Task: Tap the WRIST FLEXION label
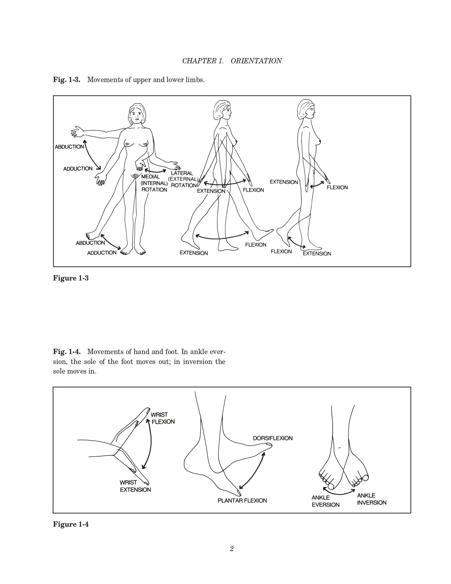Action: [x=162, y=418]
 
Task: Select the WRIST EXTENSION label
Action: [x=135, y=486]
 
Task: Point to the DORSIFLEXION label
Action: [x=273, y=438]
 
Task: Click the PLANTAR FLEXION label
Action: [x=242, y=501]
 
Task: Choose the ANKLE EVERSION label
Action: [x=325, y=501]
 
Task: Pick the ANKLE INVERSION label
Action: [x=371, y=499]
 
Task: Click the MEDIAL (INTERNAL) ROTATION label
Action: [x=154, y=183]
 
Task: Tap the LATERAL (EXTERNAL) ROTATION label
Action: [x=183, y=179]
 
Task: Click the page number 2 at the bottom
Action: [x=232, y=549]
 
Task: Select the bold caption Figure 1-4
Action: [x=71, y=524]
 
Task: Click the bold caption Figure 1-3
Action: [x=71, y=278]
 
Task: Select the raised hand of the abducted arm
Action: [x=77, y=132]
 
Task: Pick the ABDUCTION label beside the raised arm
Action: [x=69, y=147]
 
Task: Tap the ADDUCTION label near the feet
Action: [x=102, y=253]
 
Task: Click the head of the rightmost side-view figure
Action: [x=306, y=109]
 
